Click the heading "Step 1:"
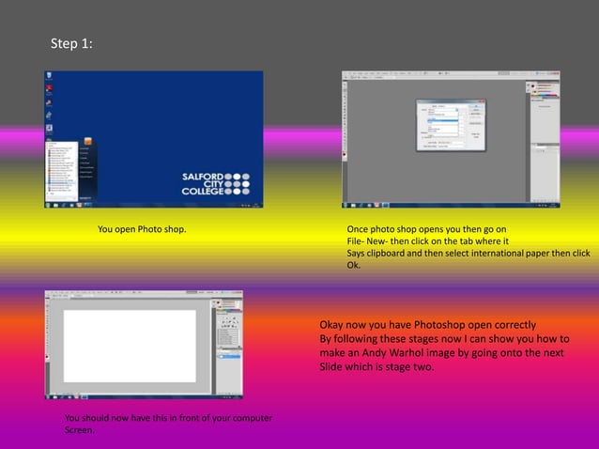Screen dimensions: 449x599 point(71,44)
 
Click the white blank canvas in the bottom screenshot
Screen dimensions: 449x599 point(130,345)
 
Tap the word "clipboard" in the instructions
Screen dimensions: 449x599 point(392,254)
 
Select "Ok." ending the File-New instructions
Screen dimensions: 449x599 point(354,265)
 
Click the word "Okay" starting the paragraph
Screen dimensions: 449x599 point(334,325)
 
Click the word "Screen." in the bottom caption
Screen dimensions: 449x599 point(79,430)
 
